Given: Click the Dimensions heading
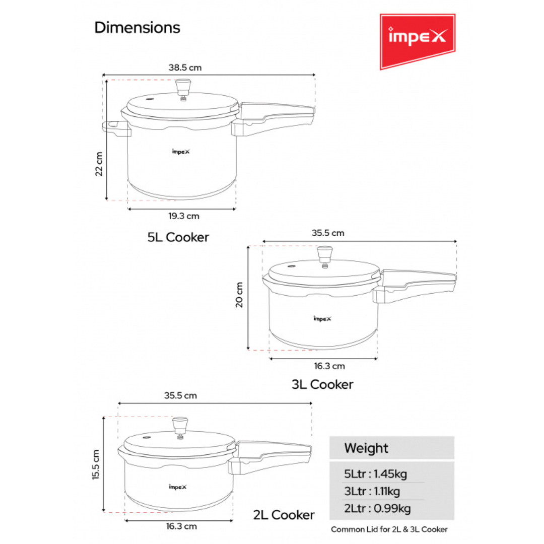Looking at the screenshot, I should point(137,28).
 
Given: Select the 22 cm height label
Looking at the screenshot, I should point(99,164).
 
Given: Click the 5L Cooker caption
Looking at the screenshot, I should point(178,237).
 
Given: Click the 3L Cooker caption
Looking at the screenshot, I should point(322,384).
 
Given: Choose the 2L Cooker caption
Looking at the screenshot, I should point(284,515).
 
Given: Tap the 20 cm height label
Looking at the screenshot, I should point(240,295).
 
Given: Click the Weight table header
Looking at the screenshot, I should point(366,448).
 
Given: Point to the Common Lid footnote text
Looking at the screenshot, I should point(389,529).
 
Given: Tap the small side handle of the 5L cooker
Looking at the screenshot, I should point(116,128).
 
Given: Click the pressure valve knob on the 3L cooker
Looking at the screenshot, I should point(324,253).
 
